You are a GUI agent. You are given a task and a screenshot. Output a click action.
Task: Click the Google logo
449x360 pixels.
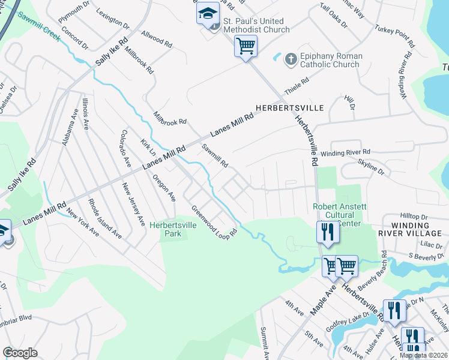click(20, 353)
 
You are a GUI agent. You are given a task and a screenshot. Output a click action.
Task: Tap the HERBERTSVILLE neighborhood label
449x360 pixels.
click(289, 108)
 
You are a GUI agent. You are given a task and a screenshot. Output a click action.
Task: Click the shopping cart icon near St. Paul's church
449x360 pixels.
click(246, 46)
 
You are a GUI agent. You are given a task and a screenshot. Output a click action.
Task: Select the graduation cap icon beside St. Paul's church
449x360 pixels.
click(208, 14)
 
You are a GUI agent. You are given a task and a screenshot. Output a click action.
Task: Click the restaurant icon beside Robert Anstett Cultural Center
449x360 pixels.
click(328, 232)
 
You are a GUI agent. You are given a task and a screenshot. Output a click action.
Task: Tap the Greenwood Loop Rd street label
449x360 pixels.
click(214, 221)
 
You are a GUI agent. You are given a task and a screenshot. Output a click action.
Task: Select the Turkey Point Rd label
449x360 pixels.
click(394, 37)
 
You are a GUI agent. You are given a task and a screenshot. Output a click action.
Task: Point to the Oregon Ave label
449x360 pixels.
click(164, 188)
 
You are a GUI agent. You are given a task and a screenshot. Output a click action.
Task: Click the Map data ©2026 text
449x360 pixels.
click(424, 355)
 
